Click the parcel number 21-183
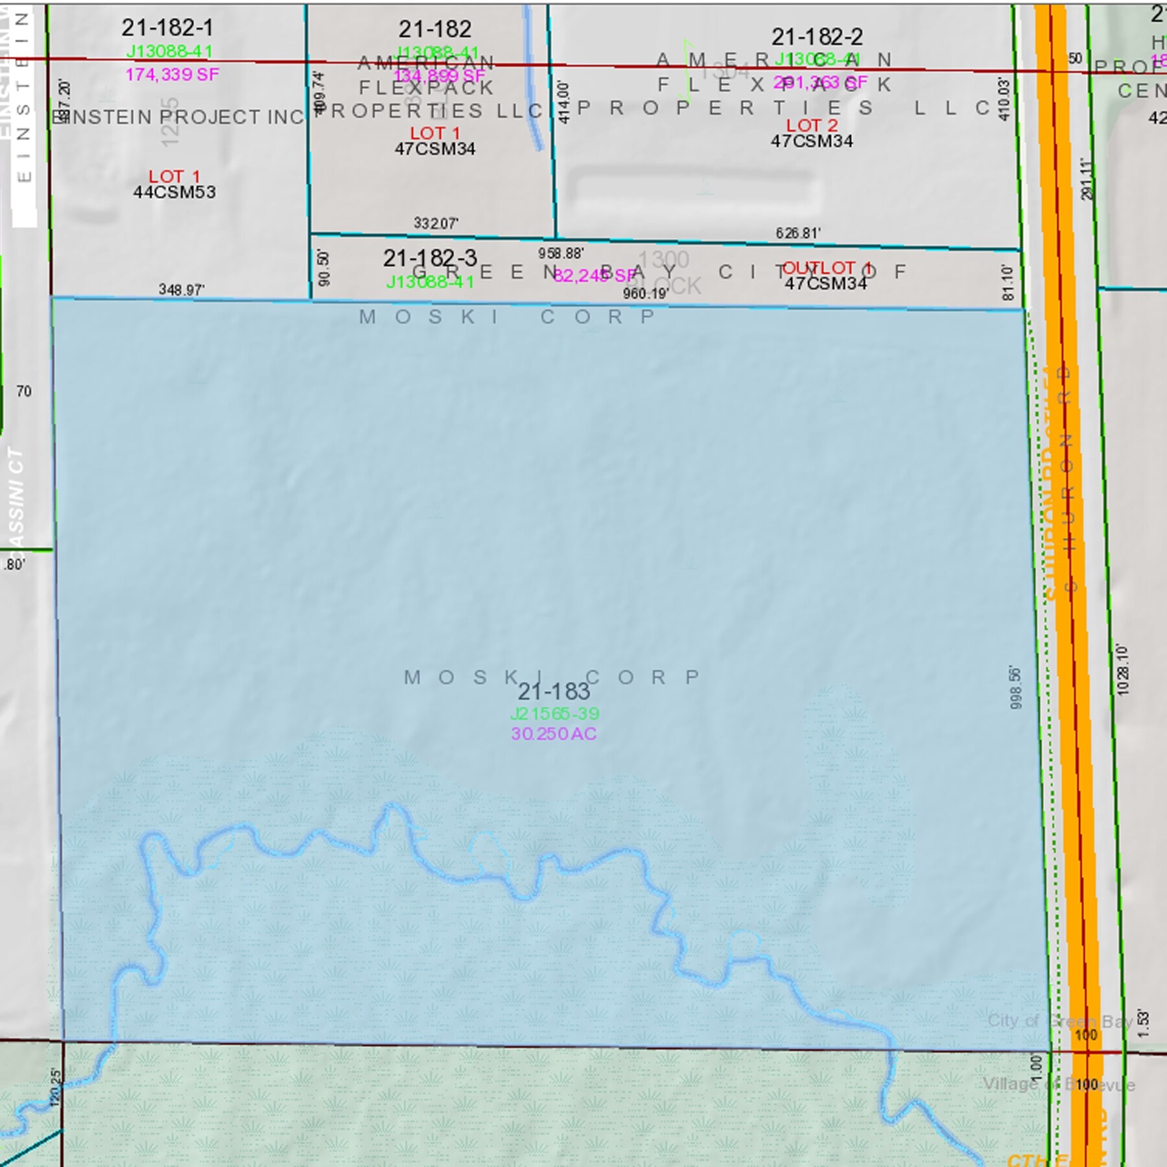click(x=554, y=692)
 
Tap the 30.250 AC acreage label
click(x=554, y=734)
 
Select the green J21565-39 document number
click(x=554, y=714)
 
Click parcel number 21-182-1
click(x=167, y=28)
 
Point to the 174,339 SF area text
click(x=172, y=75)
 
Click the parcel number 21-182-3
click(x=429, y=259)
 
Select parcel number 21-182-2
click(x=816, y=37)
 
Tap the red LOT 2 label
click(x=812, y=125)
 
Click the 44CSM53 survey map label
click(x=174, y=193)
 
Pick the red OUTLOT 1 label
click(x=826, y=268)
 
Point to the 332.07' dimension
click(x=436, y=224)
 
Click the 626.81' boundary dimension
click(x=797, y=233)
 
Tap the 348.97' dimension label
click(x=182, y=290)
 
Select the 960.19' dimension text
click(x=645, y=294)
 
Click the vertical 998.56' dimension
click(x=1015, y=687)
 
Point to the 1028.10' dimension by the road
click(x=1123, y=670)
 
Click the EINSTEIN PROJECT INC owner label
click(x=178, y=117)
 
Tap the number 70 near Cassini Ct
click(x=24, y=392)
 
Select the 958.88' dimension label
click(x=560, y=253)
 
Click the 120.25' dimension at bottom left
click(x=56, y=1087)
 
